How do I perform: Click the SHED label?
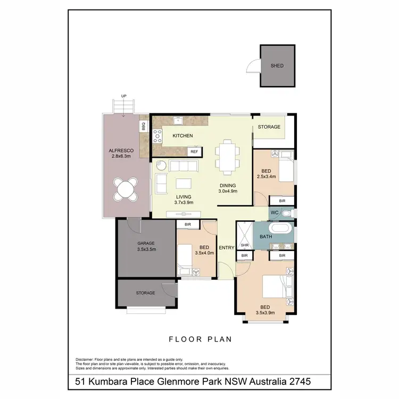pos(277,66)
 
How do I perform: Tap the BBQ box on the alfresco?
pos(143,126)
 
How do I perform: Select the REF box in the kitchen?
pos(194,152)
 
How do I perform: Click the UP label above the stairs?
pos(124,96)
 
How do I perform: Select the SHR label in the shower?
pos(245,245)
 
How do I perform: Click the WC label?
pos(275,213)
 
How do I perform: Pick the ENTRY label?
pos(227,248)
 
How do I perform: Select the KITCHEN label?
pos(182,136)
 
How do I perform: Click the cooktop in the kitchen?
pos(158,136)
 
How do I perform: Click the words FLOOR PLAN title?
pos(199,338)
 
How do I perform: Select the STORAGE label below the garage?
pos(145,293)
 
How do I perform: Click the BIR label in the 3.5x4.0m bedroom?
pos(188,225)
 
